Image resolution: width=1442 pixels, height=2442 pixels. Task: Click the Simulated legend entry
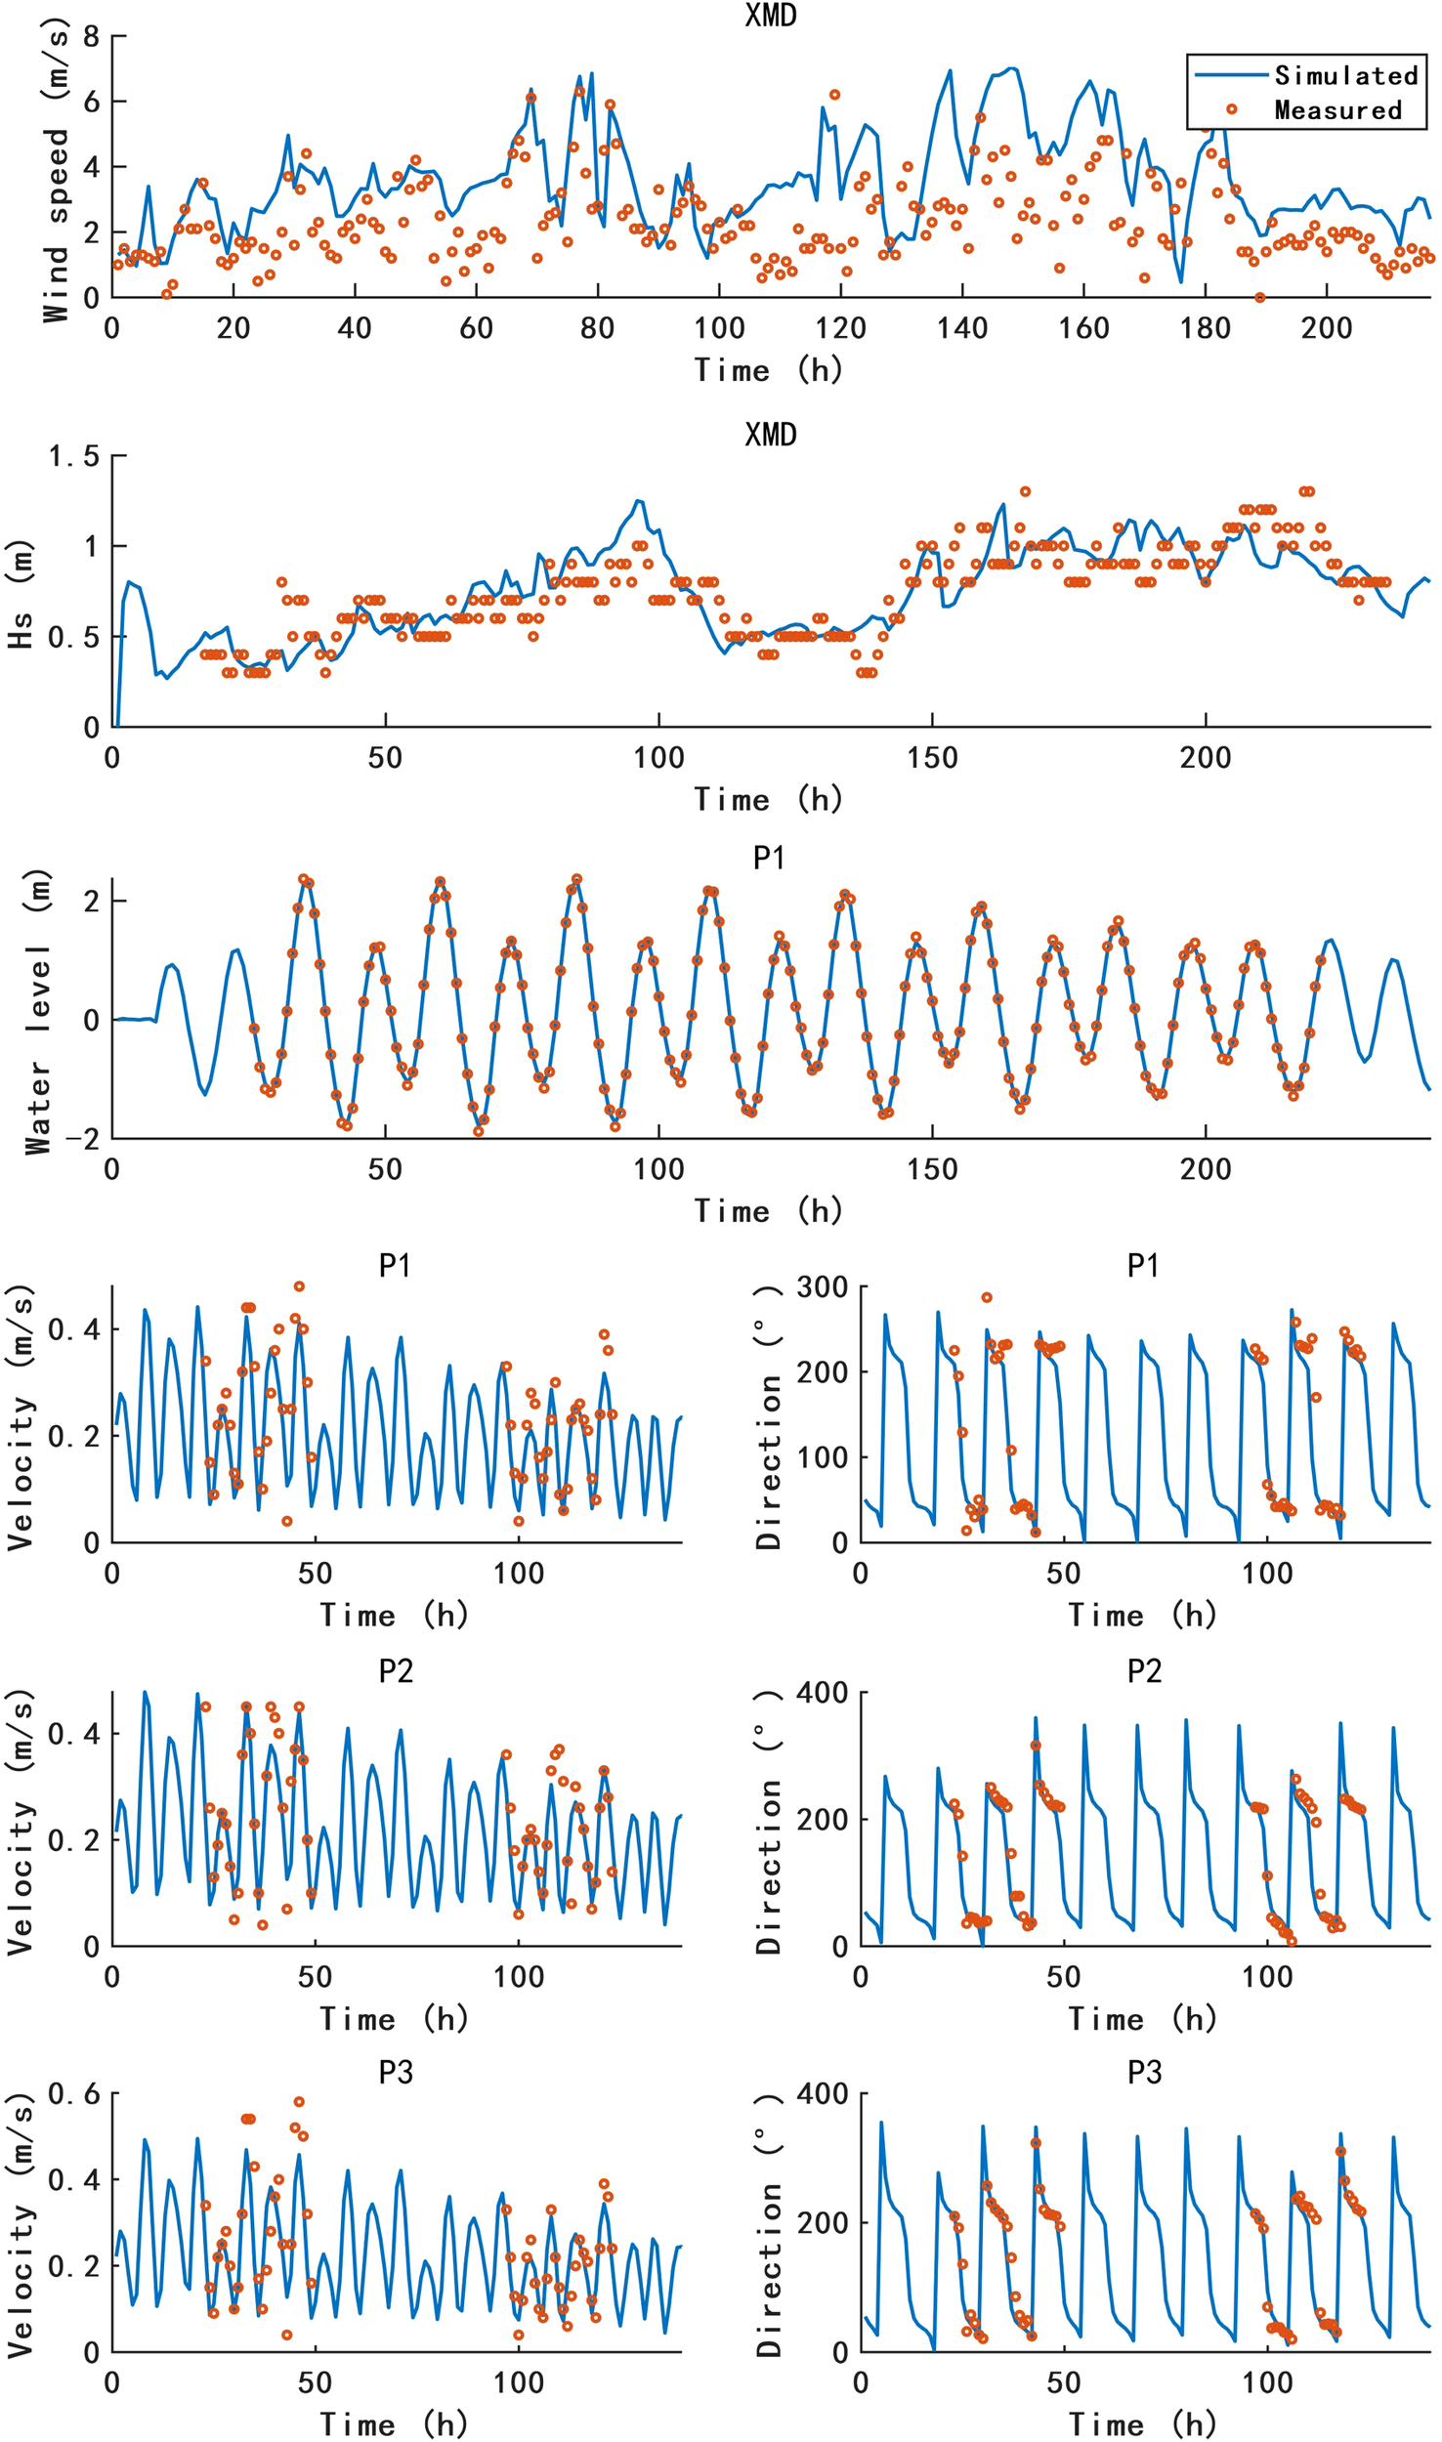coord(1344,75)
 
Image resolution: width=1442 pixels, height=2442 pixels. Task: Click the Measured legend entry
coord(1337,109)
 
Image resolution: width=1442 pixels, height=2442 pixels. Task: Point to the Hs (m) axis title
coord(21,594)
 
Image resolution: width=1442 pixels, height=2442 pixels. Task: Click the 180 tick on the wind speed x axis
coord(1205,328)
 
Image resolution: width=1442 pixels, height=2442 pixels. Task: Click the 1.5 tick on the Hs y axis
coord(74,456)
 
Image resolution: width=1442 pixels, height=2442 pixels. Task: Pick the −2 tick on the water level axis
coord(82,1139)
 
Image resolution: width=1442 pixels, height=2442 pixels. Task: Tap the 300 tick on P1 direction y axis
coord(822,1287)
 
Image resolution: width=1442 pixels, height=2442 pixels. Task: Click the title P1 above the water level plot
coord(770,858)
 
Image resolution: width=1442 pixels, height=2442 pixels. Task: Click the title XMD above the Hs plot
coord(770,435)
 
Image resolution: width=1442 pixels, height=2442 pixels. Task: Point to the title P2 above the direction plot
coord(1144,1671)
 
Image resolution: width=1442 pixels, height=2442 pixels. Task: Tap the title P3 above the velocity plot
coord(396,2073)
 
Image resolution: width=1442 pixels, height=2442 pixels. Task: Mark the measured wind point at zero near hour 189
coord(1259,297)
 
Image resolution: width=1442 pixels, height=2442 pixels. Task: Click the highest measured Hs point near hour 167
coord(1025,491)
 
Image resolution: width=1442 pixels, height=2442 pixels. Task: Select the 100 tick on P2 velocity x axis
coord(518,1977)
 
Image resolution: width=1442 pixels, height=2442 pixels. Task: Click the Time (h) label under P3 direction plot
coord(1142,2424)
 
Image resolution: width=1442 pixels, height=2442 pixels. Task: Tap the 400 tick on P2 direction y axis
coord(822,1693)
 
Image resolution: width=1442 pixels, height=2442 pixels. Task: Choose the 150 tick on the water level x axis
coord(931,1168)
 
